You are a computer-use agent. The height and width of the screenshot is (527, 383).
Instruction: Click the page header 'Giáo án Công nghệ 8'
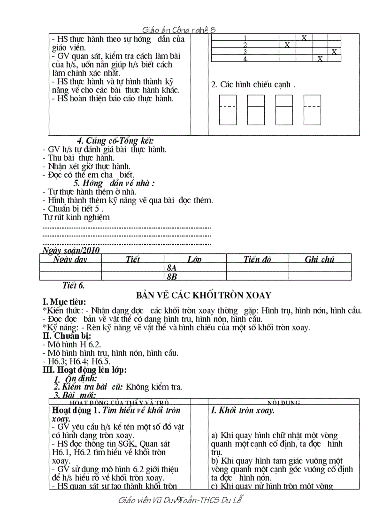179,30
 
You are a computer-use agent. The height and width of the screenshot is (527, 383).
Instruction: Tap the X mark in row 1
304,38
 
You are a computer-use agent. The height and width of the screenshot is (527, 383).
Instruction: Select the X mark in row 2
287,45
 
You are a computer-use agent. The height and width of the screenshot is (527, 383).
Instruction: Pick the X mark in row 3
334,52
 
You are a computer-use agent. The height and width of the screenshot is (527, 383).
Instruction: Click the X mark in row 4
320,59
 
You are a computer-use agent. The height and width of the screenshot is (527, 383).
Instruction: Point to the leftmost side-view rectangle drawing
228,110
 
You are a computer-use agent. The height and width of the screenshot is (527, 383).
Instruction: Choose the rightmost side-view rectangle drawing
312,110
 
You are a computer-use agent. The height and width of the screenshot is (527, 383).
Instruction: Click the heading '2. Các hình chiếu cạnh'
253,85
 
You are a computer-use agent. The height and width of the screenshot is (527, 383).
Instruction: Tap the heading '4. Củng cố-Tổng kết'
115,141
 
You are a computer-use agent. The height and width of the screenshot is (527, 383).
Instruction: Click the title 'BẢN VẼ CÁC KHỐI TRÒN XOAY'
204,295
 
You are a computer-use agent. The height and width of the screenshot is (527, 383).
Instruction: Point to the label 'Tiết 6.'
73,285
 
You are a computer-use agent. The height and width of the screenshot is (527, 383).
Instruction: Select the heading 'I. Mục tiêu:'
64,302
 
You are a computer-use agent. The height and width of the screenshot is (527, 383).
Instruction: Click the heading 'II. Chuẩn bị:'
67,336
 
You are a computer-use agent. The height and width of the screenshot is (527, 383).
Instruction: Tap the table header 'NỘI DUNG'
284,403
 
